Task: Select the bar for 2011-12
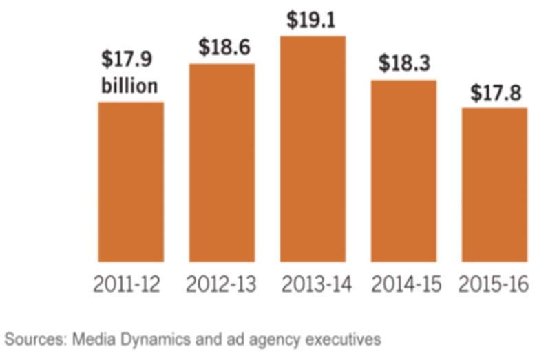click(131, 182)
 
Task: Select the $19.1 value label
click(312, 20)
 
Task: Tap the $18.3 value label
click(403, 63)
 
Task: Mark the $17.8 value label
click(494, 92)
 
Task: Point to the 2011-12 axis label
click(131, 284)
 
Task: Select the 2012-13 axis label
click(222, 284)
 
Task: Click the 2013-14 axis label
click(312, 284)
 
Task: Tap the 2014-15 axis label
click(403, 284)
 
